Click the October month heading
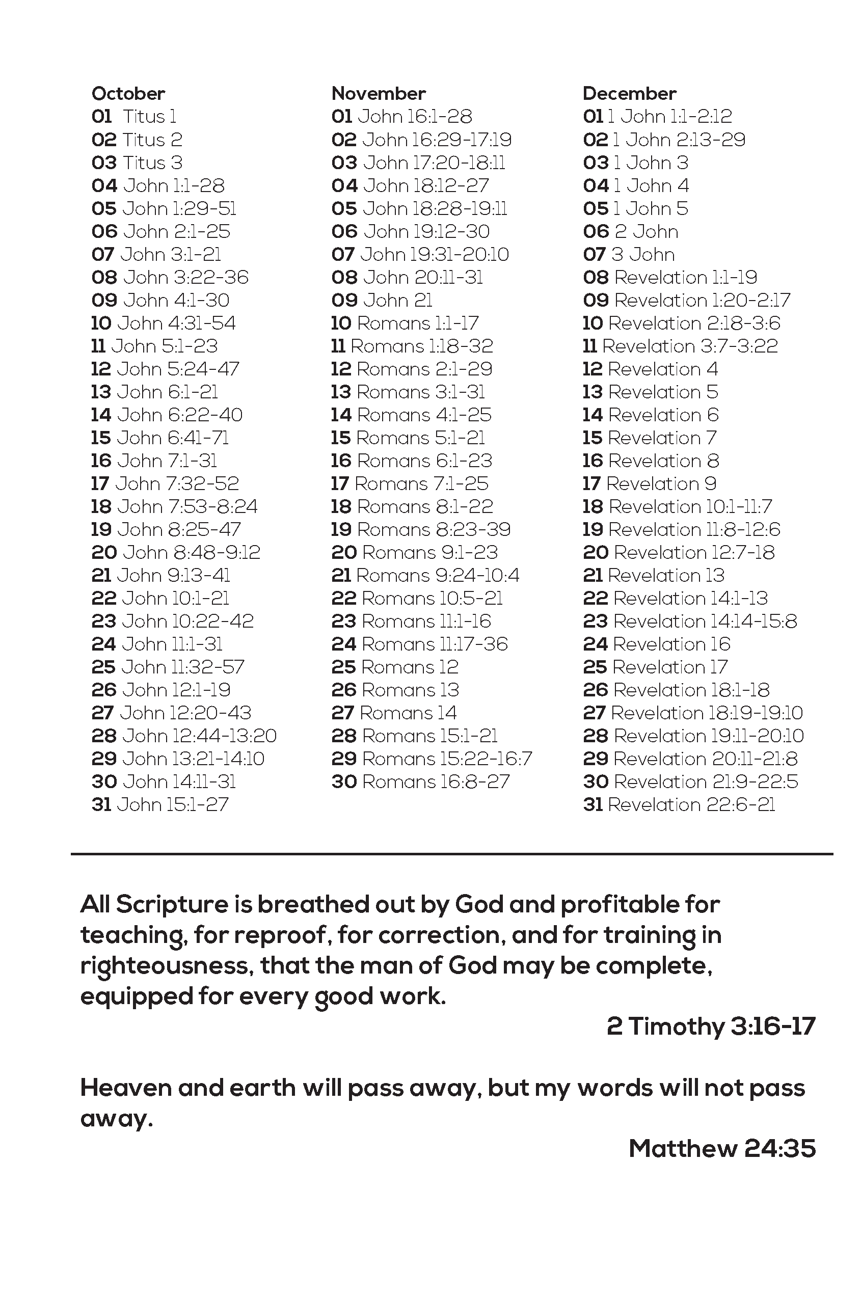[128, 94]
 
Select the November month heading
[379, 94]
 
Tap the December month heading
[629, 94]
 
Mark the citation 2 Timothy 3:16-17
[711, 1026]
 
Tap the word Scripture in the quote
[172, 905]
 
